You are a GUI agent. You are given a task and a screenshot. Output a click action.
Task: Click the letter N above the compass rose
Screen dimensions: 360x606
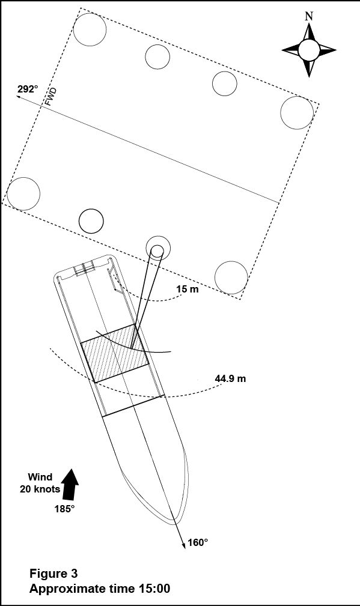[x=308, y=16]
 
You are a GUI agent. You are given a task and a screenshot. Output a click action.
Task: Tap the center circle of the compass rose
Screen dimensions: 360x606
[x=309, y=50]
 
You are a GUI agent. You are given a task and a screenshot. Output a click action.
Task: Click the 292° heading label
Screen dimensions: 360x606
[x=28, y=89]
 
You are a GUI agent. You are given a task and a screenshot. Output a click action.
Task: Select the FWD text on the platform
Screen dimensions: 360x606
[x=50, y=97]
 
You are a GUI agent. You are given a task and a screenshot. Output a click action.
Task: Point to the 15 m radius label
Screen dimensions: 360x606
[x=188, y=289]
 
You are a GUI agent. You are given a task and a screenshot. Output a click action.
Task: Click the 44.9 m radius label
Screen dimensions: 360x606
[x=230, y=378]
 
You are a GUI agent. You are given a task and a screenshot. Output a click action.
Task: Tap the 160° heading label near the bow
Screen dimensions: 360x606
[x=198, y=542]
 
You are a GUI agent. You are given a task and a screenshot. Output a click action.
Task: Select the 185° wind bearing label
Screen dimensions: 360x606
[x=64, y=509]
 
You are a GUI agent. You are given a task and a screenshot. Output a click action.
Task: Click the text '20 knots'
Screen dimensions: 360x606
[x=40, y=489]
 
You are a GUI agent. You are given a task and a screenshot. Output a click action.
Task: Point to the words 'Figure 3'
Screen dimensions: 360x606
[x=53, y=573]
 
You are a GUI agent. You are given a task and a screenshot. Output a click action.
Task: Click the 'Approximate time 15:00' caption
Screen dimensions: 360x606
[x=100, y=589]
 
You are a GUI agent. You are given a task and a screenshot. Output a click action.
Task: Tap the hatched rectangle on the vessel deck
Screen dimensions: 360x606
[x=115, y=353]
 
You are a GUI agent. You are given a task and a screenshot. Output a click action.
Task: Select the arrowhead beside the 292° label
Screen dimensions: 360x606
[x=19, y=97]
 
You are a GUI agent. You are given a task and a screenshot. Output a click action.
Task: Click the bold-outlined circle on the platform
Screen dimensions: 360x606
[x=91, y=221]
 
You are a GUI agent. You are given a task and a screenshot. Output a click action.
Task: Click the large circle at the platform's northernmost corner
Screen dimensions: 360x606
[x=90, y=29]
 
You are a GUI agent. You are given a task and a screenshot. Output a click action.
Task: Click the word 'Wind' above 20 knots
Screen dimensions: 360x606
[x=40, y=477]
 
